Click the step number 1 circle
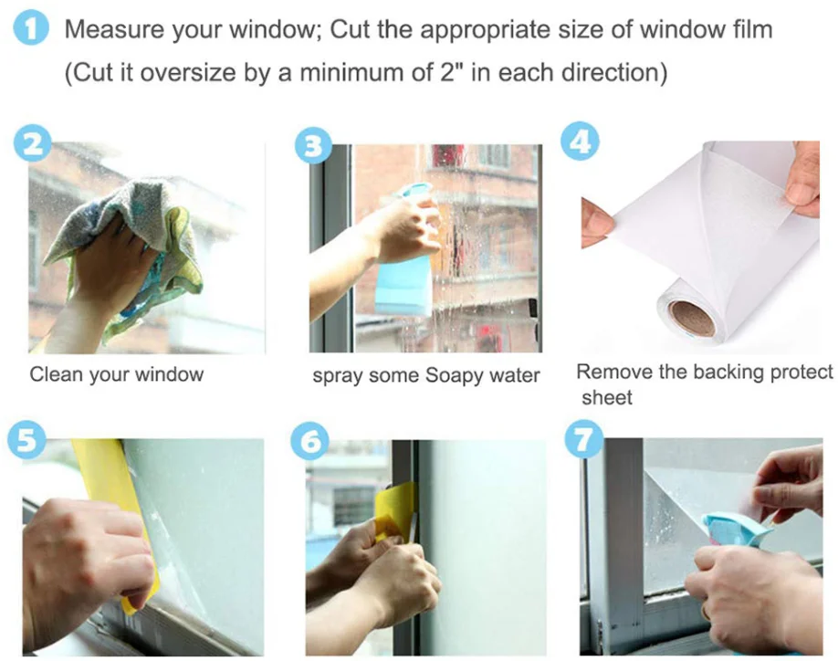(30, 29)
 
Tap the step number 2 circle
(33, 143)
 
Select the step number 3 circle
(313, 146)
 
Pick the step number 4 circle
(580, 142)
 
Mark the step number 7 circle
(584, 439)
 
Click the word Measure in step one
(114, 29)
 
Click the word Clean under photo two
(56, 374)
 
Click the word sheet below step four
(606, 397)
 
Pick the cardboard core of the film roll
(693, 319)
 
